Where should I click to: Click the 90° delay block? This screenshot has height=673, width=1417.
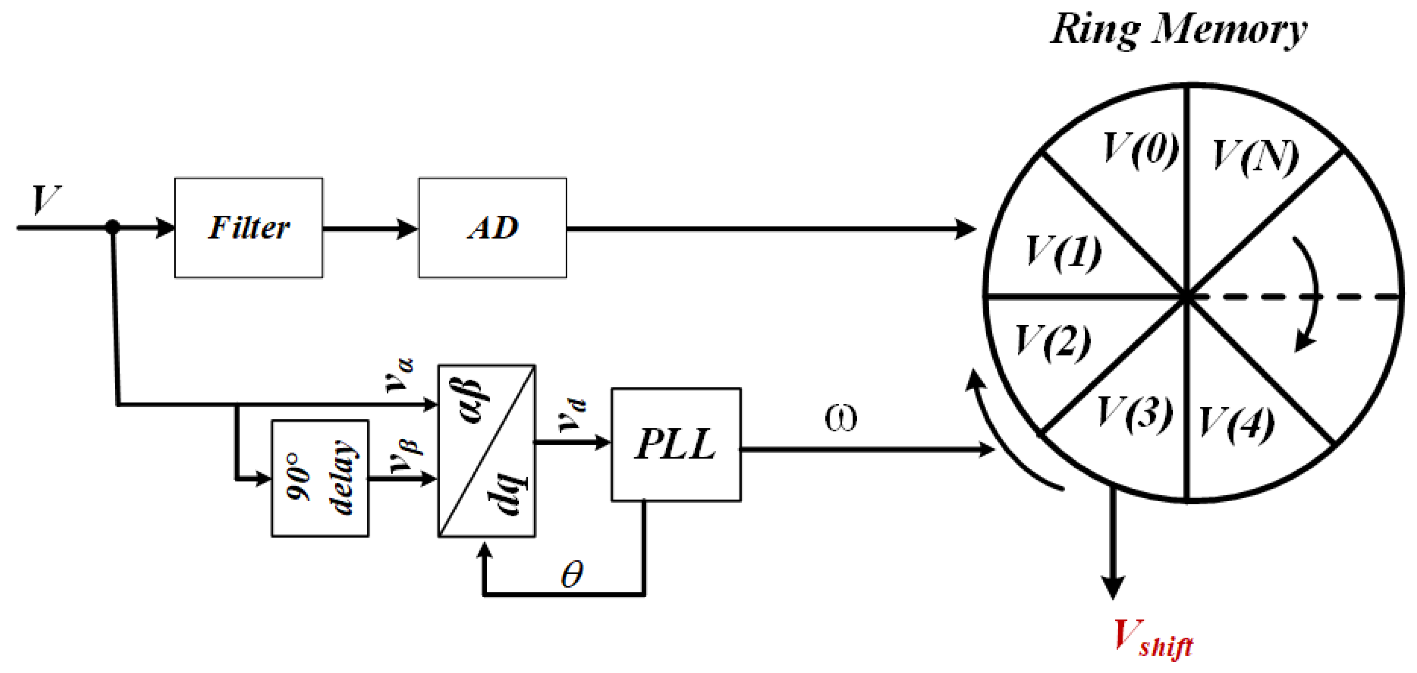[320, 478]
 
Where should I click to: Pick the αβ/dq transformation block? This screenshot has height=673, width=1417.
[486, 450]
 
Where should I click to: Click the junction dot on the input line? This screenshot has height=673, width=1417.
[112, 227]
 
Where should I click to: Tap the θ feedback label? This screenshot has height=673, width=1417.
[571, 575]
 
